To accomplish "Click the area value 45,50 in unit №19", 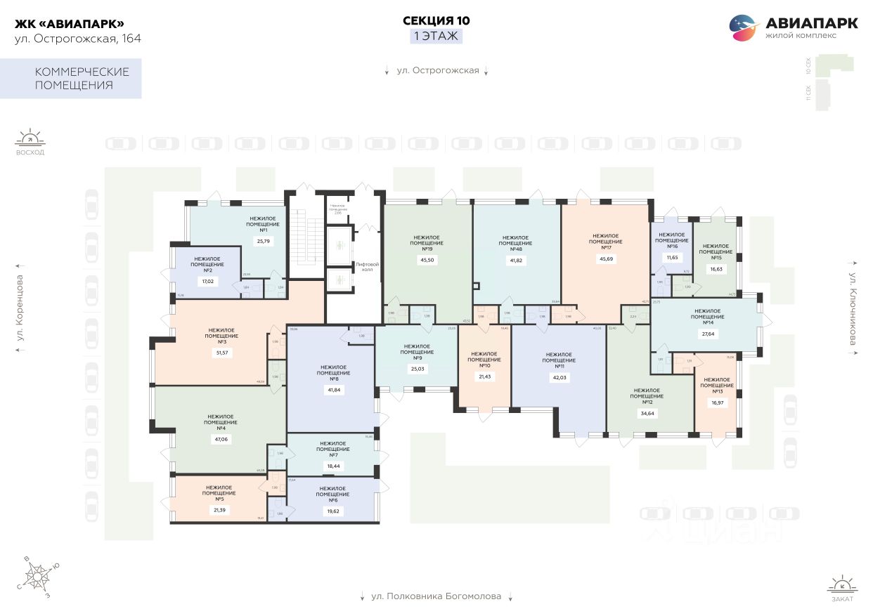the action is pos(427,260).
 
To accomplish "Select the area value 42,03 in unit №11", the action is pos(559,377).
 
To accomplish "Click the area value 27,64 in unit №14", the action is pos(708,333).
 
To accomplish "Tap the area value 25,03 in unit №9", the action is pos(417,368).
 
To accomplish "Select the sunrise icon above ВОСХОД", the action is pos(30,137).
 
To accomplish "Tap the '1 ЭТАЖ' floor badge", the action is pos(436,37).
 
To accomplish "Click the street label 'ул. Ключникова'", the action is pos(853,308).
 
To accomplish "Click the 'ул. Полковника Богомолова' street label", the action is pos(436,596).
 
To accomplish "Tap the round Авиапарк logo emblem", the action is pos(744,28).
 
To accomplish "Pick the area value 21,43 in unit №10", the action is pos(484,376).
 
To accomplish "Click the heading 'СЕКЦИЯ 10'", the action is pos(436,20).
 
